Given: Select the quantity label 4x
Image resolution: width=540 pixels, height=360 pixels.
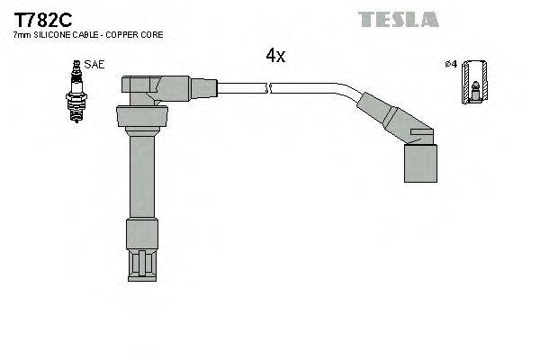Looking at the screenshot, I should pyautogui.click(x=274, y=56).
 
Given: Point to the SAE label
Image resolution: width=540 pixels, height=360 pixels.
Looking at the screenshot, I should pyautogui.click(x=94, y=65).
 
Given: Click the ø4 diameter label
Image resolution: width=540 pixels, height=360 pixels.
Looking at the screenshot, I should pyautogui.click(x=451, y=64).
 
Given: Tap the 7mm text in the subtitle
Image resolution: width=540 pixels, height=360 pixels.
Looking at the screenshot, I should pyautogui.click(x=21, y=34).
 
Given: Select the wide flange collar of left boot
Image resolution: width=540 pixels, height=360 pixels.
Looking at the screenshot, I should pyautogui.click(x=140, y=117).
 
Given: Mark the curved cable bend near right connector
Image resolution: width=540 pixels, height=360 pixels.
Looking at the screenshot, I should pyautogui.click(x=346, y=91).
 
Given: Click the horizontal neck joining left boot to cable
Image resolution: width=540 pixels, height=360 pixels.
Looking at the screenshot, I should pyautogui.click(x=202, y=87).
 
